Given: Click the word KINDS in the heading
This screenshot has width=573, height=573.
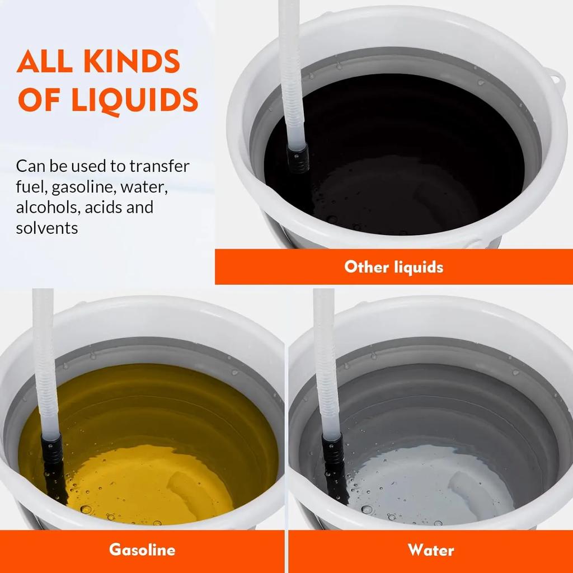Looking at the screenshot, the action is [132, 61].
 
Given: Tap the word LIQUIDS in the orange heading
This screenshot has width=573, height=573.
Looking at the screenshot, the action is [135, 100].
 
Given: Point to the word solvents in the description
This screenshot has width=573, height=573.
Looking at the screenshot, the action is [47, 228].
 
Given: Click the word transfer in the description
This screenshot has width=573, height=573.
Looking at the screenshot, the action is [159, 166].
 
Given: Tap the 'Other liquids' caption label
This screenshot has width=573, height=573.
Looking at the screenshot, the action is [393, 267].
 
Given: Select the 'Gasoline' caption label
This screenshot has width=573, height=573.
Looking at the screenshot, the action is [142, 549].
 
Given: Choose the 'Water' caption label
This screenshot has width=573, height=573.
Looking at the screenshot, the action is [431, 550].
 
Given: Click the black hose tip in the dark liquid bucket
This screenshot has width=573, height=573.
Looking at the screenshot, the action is [298, 158].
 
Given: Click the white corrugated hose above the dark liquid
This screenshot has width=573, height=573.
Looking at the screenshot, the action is [291, 73].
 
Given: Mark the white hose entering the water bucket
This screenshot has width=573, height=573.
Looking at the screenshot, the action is [326, 364].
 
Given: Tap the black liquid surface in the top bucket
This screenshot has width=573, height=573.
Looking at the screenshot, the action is [394, 153].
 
